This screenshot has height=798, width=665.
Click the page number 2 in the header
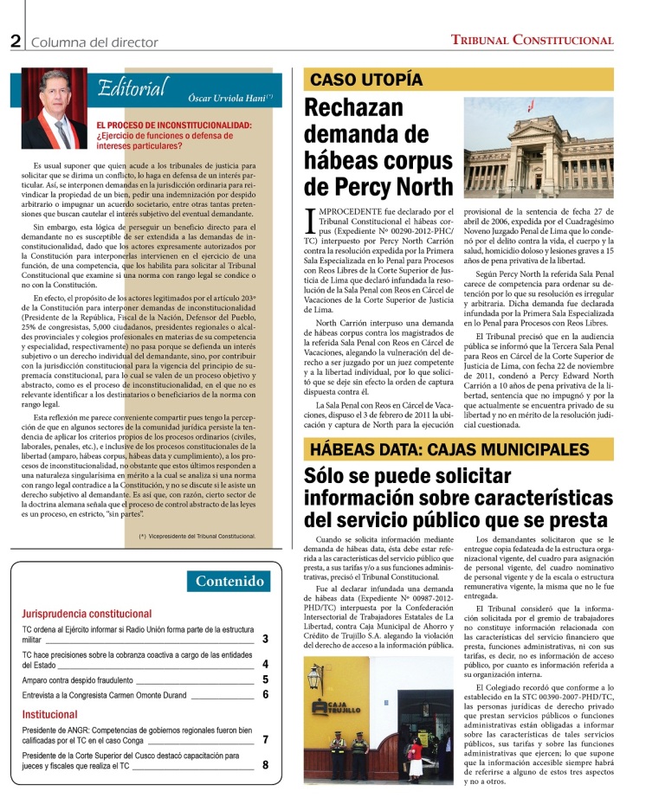(x=16, y=41)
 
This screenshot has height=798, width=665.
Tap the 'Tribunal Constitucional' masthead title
(x=532, y=40)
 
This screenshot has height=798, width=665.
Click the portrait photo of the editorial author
(x=55, y=108)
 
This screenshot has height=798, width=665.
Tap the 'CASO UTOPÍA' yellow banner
(x=367, y=80)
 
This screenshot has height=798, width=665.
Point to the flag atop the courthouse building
(x=532, y=107)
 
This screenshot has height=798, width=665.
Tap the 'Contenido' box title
(x=230, y=581)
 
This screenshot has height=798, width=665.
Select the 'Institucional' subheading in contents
(x=49, y=715)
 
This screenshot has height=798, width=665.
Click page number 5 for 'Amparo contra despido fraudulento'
(x=265, y=680)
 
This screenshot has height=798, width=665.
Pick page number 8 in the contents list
(x=265, y=765)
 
